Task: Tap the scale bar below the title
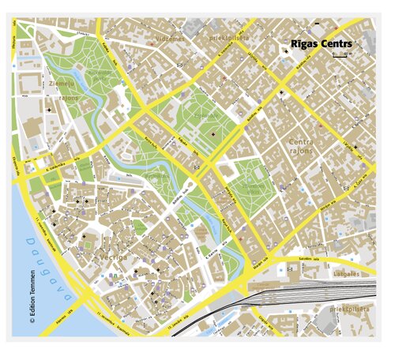(x=340, y=56)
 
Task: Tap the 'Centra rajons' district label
(x=301, y=146)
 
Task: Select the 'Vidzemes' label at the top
(x=170, y=37)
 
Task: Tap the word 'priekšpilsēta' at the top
(x=229, y=36)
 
